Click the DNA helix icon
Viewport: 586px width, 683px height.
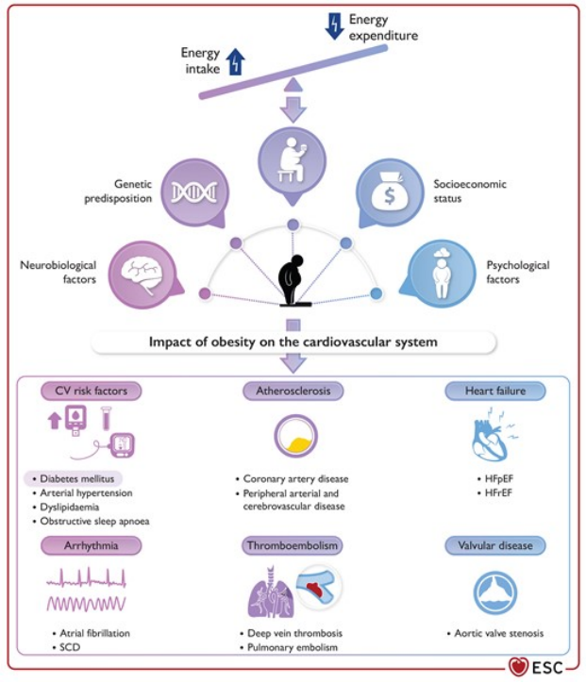193,192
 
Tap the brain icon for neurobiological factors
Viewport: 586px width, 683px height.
142,275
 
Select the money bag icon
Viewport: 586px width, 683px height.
390,192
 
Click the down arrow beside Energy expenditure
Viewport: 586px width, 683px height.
334,26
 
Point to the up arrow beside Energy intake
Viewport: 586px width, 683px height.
235,61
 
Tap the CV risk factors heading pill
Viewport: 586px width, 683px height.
91,391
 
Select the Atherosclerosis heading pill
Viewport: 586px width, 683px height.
293,391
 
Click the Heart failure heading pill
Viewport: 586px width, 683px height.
495,391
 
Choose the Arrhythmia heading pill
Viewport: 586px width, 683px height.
91,545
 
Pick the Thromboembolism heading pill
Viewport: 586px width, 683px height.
293,545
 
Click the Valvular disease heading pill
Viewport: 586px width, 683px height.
495,545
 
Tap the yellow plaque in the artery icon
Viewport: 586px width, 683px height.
296,444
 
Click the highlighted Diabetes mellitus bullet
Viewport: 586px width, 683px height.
74,478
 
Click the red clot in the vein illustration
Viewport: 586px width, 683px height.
317,590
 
